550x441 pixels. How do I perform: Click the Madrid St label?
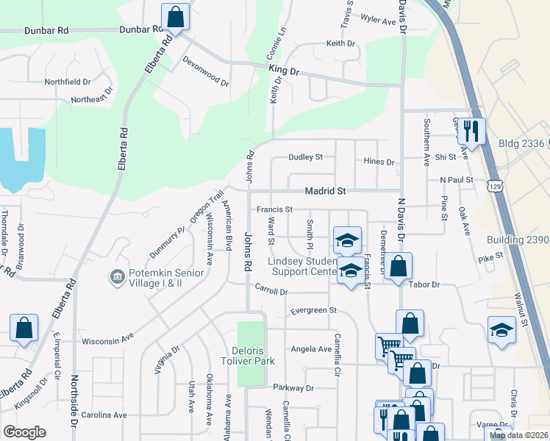[325, 191]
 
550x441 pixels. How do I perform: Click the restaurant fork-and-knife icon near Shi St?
[471, 132]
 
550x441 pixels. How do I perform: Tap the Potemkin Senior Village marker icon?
[117, 276]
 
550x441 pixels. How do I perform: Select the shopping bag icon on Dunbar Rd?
[175, 17]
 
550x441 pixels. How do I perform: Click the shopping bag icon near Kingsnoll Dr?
[24, 328]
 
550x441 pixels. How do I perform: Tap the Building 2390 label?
[518, 240]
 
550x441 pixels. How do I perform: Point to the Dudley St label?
[305, 157]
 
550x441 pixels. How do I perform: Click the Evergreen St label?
[312, 311]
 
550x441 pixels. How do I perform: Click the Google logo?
[24, 432]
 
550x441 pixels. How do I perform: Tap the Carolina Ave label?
[104, 415]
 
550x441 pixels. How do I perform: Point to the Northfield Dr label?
[68, 82]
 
